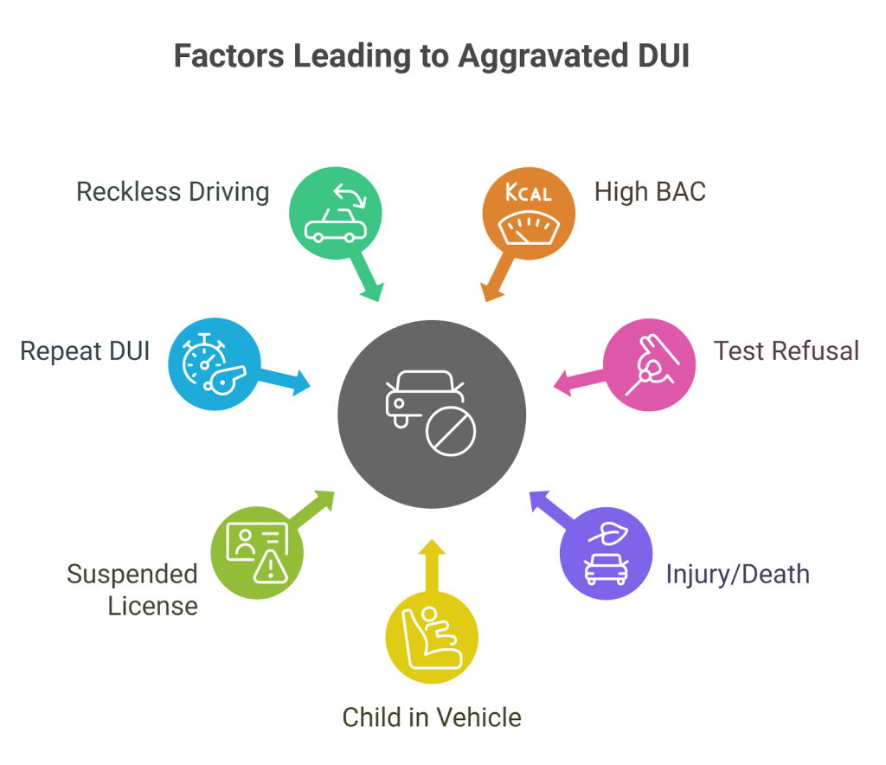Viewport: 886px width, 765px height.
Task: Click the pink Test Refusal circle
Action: coord(649,364)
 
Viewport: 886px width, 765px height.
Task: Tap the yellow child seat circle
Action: coord(431,639)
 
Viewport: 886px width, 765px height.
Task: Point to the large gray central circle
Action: coord(432,415)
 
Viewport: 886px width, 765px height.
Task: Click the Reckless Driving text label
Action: coord(173,191)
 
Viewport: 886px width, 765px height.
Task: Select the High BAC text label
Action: coord(650,191)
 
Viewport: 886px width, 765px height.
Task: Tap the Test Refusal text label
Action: coord(786,350)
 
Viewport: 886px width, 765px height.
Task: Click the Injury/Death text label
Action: coord(737,574)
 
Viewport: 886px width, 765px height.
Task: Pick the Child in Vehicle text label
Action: coord(432,717)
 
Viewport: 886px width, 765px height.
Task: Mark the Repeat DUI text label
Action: coord(85,350)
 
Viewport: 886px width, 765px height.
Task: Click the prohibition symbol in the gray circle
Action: coord(451,432)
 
